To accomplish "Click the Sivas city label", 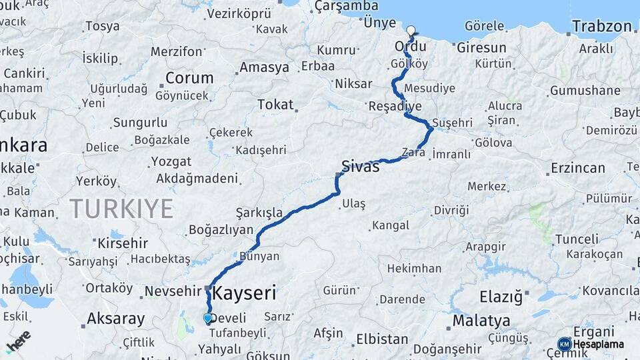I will tap(360, 166).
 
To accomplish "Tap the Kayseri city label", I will tap(244, 293).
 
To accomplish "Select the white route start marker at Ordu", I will tap(411, 30).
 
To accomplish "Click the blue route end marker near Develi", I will tap(207, 319).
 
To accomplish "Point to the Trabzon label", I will tap(602, 27).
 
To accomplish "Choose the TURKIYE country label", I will tap(121, 209).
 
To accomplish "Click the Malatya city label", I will tap(481, 321).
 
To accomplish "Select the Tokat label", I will tap(275, 105).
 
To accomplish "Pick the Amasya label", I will tap(265, 67).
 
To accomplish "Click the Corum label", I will tap(189, 77).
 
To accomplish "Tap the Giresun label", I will tap(482, 48).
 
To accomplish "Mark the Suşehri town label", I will tap(452, 123).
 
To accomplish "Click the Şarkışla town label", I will tap(259, 213).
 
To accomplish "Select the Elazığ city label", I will tap(501, 295).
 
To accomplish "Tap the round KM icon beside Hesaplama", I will tap(564, 344).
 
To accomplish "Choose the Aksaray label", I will tap(116, 319).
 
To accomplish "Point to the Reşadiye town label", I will tap(395, 106).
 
